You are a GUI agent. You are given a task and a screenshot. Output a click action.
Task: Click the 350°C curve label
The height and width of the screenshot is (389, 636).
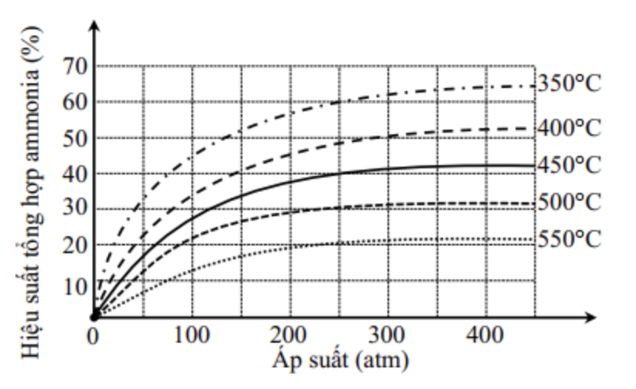[x=570, y=83]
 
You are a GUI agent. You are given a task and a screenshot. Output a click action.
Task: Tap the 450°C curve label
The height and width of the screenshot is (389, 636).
[x=570, y=164]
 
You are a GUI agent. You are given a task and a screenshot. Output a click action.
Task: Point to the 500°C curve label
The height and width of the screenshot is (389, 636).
[x=570, y=202]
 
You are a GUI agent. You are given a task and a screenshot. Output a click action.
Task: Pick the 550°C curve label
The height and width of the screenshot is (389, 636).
[x=570, y=238]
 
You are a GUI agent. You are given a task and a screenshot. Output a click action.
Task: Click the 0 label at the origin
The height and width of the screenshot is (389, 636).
[x=93, y=337]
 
